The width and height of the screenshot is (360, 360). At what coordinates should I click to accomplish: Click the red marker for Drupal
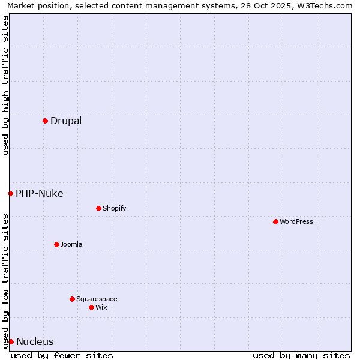[x=45, y=121]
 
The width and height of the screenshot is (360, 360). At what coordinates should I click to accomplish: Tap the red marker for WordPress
[x=275, y=221]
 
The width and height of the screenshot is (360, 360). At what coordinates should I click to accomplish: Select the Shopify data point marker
[x=98, y=208]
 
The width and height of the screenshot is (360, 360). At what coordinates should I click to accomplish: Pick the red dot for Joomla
[x=56, y=244]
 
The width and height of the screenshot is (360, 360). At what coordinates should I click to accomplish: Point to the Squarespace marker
[x=72, y=299]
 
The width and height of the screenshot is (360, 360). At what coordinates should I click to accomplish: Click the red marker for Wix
[x=91, y=307]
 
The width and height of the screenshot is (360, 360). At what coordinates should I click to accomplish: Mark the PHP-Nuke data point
[x=10, y=193]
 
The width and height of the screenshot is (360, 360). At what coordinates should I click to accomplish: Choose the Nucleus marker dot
[x=11, y=341]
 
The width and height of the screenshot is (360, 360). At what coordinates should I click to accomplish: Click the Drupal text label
[x=66, y=121]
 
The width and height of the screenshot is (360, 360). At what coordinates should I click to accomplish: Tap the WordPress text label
[x=296, y=221]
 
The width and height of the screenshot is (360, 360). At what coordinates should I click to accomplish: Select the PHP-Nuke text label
[x=40, y=193]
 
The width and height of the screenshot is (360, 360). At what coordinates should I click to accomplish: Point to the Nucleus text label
[x=35, y=341]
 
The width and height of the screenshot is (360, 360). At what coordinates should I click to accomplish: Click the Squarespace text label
[x=97, y=299]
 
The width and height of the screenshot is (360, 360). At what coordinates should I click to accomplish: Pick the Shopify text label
[x=114, y=208]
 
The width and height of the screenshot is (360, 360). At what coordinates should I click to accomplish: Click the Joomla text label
[x=71, y=244]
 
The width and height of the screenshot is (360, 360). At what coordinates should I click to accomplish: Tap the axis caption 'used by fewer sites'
[x=62, y=355]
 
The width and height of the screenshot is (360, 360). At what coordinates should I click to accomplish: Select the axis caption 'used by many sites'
[x=301, y=355]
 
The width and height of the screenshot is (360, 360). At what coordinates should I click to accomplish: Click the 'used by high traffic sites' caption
[x=5, y=85]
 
